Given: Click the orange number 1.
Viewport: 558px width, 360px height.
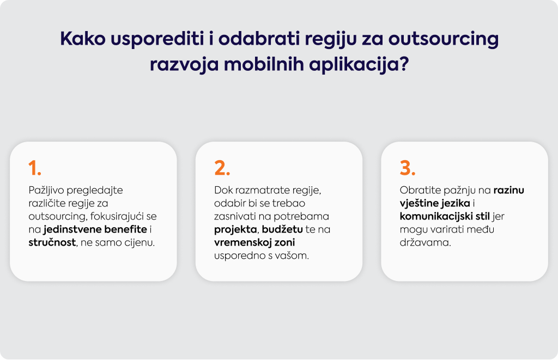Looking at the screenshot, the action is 34,168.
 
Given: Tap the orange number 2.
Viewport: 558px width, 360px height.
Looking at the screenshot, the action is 222,168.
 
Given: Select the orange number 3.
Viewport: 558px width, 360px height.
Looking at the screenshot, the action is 408,168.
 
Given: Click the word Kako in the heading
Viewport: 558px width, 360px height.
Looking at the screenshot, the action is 83,39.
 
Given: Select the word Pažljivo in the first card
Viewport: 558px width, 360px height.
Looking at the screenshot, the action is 46,190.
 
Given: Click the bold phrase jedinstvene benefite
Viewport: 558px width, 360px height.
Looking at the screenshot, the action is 95,229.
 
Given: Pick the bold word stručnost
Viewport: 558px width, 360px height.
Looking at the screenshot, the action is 52,242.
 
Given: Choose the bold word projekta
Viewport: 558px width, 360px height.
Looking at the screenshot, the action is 235,229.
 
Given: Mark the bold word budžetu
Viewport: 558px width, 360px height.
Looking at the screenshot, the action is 282,229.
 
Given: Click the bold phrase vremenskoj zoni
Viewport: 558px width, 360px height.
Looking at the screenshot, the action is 254,242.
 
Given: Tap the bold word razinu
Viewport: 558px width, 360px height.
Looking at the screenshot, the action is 508,190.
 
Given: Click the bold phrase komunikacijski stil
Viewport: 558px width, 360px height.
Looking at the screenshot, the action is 445,216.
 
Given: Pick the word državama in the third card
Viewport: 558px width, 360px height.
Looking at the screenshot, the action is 425,242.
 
